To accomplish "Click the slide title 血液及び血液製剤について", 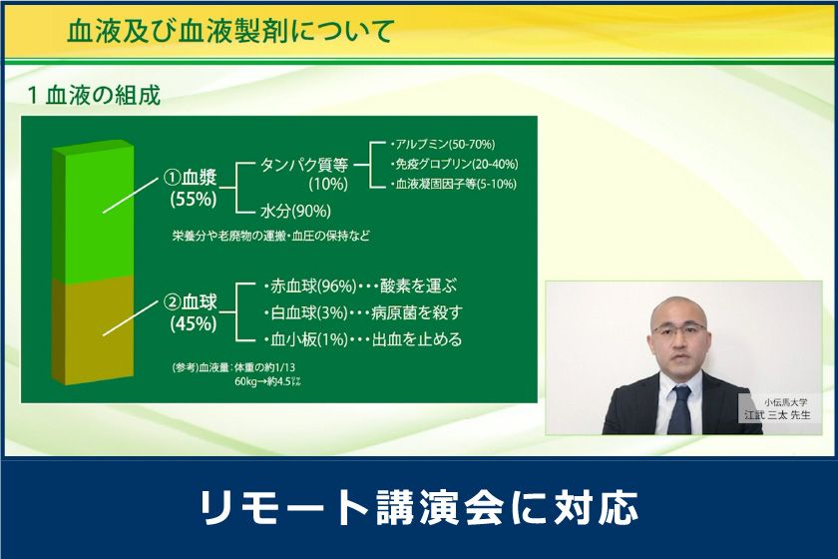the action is [x=230, y=31].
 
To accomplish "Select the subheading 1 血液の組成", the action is [x=95, y=96].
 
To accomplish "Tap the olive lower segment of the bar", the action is [x=94, y=330].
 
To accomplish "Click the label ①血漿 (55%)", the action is [x=193, y=188].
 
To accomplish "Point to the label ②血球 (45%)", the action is [x=193, y=312].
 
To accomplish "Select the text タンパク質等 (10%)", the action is [x=304, y=175].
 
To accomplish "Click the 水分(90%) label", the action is [x=295, y=211].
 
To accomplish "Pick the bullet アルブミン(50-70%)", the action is [x=443, y=144].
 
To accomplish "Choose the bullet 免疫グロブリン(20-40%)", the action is [x=454, y=164].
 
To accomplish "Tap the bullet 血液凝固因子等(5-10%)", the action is [x=454, y=184].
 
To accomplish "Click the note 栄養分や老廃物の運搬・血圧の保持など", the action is [x=271, y=236].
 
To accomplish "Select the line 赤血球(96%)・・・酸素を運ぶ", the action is [x=361, y=286].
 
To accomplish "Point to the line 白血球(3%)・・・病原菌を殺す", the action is [x=363, y=312].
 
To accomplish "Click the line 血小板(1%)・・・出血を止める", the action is [x=363, y=339].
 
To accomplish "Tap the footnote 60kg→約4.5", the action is [x=267, y=381].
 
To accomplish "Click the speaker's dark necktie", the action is [x=679, y=409].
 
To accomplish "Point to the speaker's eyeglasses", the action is [x=679, y=329].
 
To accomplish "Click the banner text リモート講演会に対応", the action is [x=419, y=507].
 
